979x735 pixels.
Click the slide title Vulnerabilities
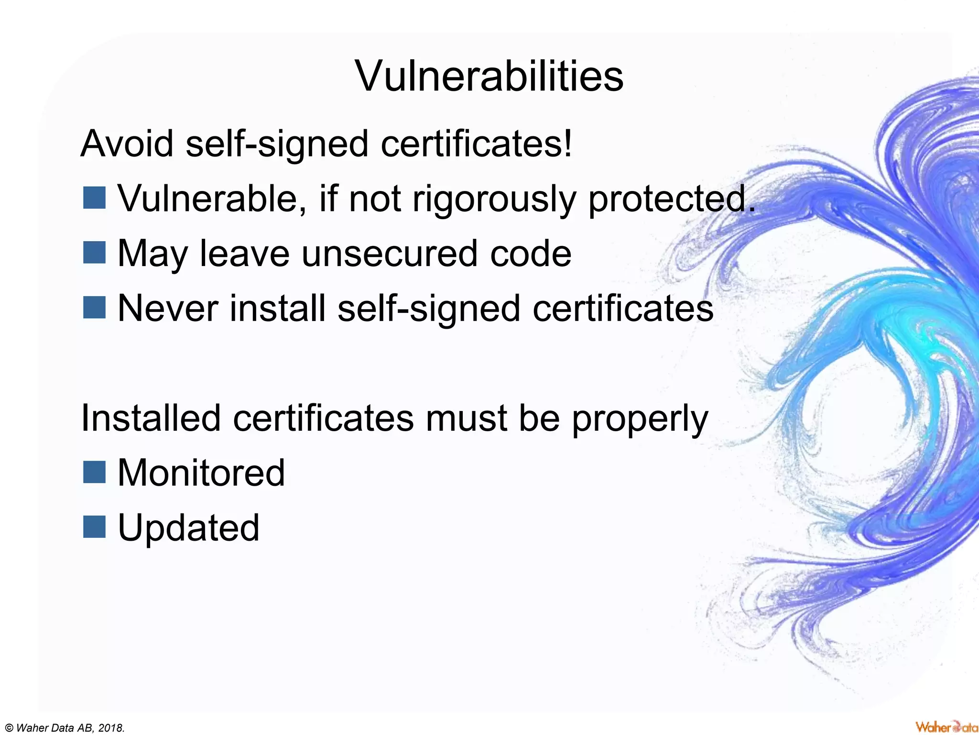(489, 76)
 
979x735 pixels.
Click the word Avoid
(127, 144)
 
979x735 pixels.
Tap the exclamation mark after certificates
(567, 144)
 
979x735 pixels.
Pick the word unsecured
(389, 254)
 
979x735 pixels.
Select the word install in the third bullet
(278, 308)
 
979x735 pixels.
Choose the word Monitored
(201, 473)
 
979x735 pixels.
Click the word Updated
(188, 528)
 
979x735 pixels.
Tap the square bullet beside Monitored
(94, 472)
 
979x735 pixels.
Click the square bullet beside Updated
(94, 527)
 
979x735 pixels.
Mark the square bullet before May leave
(94, 253)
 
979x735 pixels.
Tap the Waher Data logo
(946, 726)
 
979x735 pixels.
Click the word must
(467, 418)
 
